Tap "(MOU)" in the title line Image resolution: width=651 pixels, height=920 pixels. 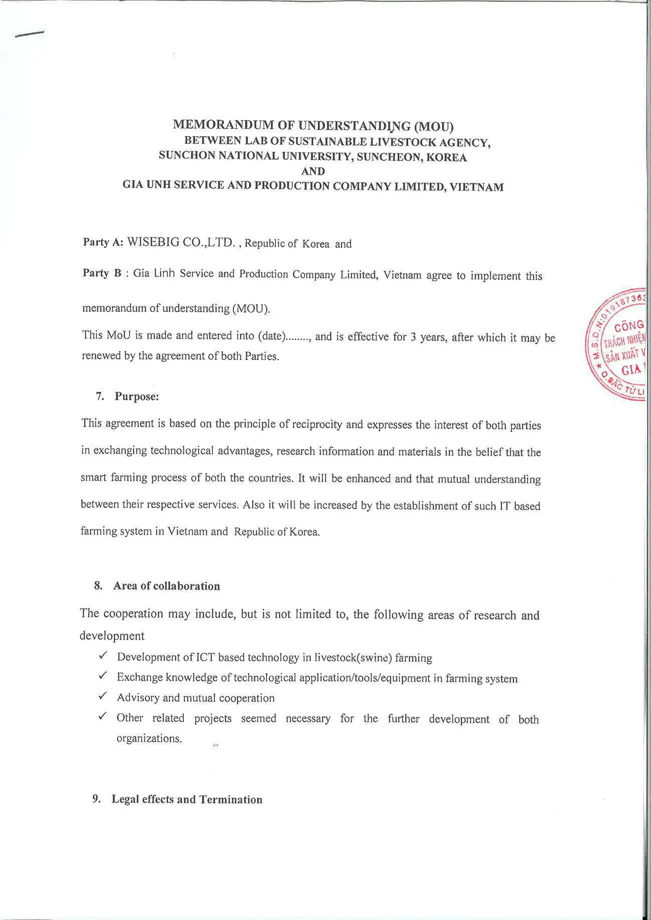(434, 126)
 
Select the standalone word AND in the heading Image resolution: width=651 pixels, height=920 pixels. (313, 171)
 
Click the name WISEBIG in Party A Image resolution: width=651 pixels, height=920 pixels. (153, 242)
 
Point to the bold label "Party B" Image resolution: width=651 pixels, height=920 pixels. (102, 273)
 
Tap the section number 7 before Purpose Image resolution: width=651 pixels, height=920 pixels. (100, 396)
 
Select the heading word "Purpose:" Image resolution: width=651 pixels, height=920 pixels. (137, 396)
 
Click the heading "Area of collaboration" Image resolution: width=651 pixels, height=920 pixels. (166, 586)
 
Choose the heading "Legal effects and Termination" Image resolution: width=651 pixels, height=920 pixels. (187, 799)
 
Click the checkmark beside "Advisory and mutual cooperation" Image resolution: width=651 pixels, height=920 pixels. (103, 696)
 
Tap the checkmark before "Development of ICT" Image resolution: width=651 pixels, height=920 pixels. (103, 655)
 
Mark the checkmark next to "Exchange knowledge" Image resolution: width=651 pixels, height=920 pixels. (103, 676)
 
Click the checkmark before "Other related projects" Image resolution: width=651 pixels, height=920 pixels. (103, 716)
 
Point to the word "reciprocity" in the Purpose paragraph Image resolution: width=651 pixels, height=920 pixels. (317, 424)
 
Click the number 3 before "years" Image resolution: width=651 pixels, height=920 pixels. (413, 337)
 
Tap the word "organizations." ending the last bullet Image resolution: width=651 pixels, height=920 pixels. (149, 739)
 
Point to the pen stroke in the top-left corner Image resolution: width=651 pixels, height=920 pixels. (30, 34)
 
